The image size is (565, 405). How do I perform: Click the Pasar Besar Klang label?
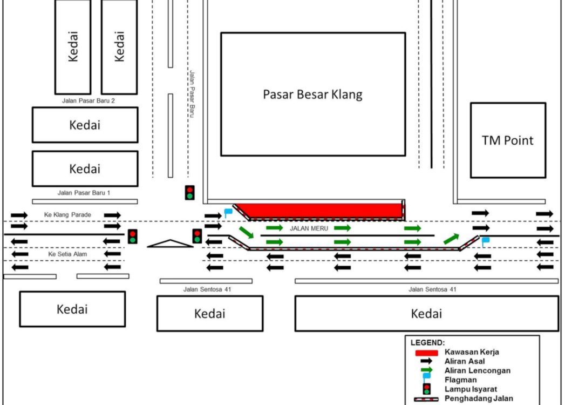312,94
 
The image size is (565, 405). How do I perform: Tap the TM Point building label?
507,140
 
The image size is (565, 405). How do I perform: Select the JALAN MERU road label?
309,228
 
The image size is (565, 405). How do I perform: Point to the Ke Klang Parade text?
67,214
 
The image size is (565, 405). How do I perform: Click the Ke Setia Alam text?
67,254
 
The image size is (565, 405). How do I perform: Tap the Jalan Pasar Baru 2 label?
89,100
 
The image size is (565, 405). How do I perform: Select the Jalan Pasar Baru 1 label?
84,193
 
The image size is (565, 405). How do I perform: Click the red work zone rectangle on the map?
319,211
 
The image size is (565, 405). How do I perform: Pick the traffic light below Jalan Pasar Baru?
189,193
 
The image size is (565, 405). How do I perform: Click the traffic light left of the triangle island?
133,237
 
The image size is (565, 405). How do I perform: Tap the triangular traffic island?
170,244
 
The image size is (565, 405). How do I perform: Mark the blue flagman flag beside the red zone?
228,213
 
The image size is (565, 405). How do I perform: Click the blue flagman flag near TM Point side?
485,241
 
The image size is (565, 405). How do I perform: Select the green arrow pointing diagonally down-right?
247,232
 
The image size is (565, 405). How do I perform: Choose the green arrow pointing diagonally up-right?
452,239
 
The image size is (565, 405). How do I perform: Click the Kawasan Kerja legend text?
472,352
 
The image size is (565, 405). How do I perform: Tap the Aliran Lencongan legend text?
478,370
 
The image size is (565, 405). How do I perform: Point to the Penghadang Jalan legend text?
479,399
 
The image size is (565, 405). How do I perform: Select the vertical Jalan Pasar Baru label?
192,94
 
